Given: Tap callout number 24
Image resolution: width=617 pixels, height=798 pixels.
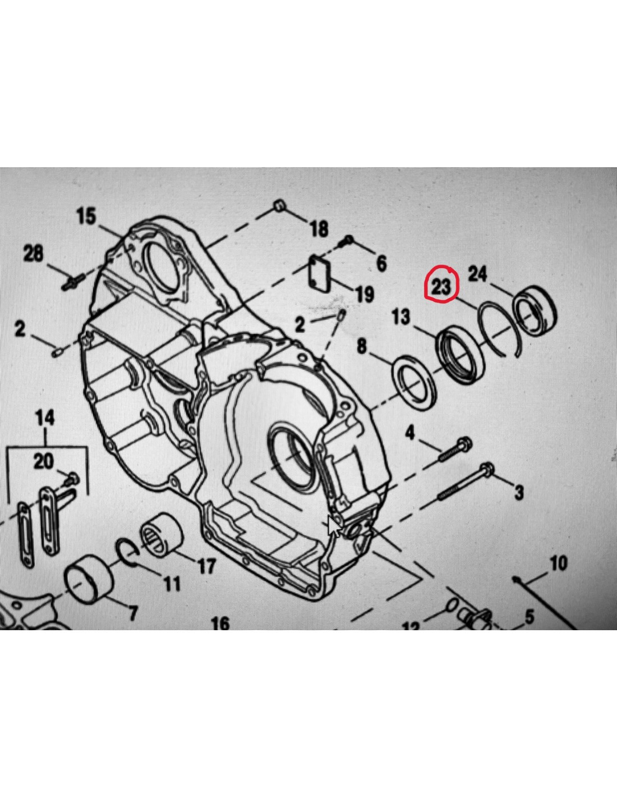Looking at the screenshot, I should pos(478,274).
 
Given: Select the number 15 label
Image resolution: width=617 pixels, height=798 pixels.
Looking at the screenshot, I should pos(86,215).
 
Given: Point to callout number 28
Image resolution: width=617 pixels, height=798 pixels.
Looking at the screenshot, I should pos(33,253).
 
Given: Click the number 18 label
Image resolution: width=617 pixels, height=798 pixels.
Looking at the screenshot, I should pos(319,228).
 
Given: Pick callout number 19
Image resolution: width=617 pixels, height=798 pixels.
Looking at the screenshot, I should pos(365,293).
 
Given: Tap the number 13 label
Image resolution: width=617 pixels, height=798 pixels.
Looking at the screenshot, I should pos(400,317).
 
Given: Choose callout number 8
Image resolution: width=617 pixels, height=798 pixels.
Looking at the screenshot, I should pos(362,346).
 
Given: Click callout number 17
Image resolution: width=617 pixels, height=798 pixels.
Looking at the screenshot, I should pos(206,565).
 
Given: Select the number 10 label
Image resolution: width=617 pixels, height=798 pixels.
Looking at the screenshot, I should pos(558,563).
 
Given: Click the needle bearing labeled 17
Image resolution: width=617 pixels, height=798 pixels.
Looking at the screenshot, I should pos(162,535).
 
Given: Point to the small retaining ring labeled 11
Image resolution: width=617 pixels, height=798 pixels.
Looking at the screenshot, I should pos(128,551).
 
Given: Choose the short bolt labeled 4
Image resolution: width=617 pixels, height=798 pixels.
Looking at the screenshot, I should pos(455,450).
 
